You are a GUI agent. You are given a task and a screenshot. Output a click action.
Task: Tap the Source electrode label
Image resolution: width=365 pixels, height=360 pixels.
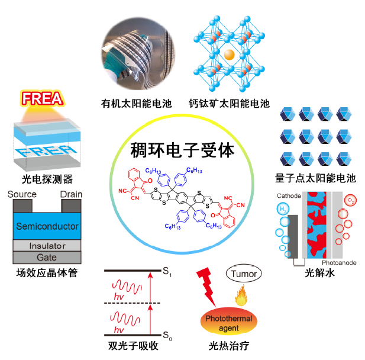[22, 195]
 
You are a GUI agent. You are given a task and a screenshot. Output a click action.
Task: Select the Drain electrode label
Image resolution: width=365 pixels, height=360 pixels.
[71, 195]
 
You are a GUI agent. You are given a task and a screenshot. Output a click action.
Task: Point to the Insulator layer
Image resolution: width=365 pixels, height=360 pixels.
[47, 246]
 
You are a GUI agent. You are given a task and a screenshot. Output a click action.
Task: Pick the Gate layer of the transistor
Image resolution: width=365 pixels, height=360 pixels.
[47, 257]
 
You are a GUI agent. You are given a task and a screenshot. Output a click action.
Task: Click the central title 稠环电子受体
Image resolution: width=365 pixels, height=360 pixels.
[182, 152]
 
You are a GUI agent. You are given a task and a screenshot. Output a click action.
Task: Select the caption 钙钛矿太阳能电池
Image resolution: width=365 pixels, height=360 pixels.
[228, 104]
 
